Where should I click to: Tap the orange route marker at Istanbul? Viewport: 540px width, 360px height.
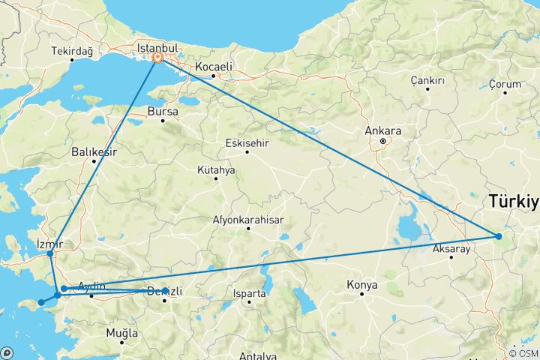tap(158, 57)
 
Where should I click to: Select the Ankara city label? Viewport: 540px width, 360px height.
tap(382, 131)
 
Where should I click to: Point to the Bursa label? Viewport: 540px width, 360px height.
tap(163, 112)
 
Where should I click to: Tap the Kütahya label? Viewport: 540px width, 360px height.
tap(216, 170)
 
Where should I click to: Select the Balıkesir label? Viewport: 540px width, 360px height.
tap(94, 151)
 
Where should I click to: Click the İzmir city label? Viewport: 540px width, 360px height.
tap(50, 243)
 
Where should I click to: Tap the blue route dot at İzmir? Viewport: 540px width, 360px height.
tap(50, 253)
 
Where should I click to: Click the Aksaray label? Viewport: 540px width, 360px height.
tap(451, 248)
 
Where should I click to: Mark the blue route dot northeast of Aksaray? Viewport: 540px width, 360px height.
tap(499, 237)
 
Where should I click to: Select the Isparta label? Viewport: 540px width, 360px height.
tap(249, 293)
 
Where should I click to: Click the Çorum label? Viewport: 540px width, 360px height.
tap(504, 84)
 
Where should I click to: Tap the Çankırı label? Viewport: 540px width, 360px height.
tap(427, 80)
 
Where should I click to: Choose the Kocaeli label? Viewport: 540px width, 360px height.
tap(214, 67)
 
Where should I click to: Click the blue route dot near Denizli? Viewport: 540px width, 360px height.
tap(165, 290)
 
